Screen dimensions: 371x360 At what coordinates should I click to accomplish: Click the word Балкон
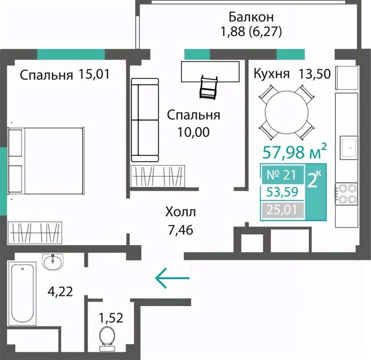(251, 17)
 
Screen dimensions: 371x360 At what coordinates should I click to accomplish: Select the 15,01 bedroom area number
(94, 74)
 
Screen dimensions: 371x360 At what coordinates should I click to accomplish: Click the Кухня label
(272, 74)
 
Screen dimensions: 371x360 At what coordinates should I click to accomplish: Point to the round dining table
(287, 112)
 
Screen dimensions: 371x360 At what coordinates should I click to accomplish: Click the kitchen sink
(349, 148)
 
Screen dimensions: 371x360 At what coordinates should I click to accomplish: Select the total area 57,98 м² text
(295, 152)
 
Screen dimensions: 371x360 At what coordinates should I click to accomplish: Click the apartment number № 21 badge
(282, 175)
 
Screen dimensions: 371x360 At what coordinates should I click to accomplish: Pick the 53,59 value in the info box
(282, 192)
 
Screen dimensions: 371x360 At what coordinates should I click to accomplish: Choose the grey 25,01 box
(282, 209)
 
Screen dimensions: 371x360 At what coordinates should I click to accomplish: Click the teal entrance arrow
(172, 278)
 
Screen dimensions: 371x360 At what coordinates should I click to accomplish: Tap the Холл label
(181, 212)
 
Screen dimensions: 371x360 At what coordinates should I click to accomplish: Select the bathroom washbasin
(52, 262)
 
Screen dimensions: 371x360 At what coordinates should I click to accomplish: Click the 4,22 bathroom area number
(60, 292)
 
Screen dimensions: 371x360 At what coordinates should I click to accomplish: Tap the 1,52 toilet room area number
(111, 318)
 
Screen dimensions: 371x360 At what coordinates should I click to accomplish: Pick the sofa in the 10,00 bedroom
(145, 120)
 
